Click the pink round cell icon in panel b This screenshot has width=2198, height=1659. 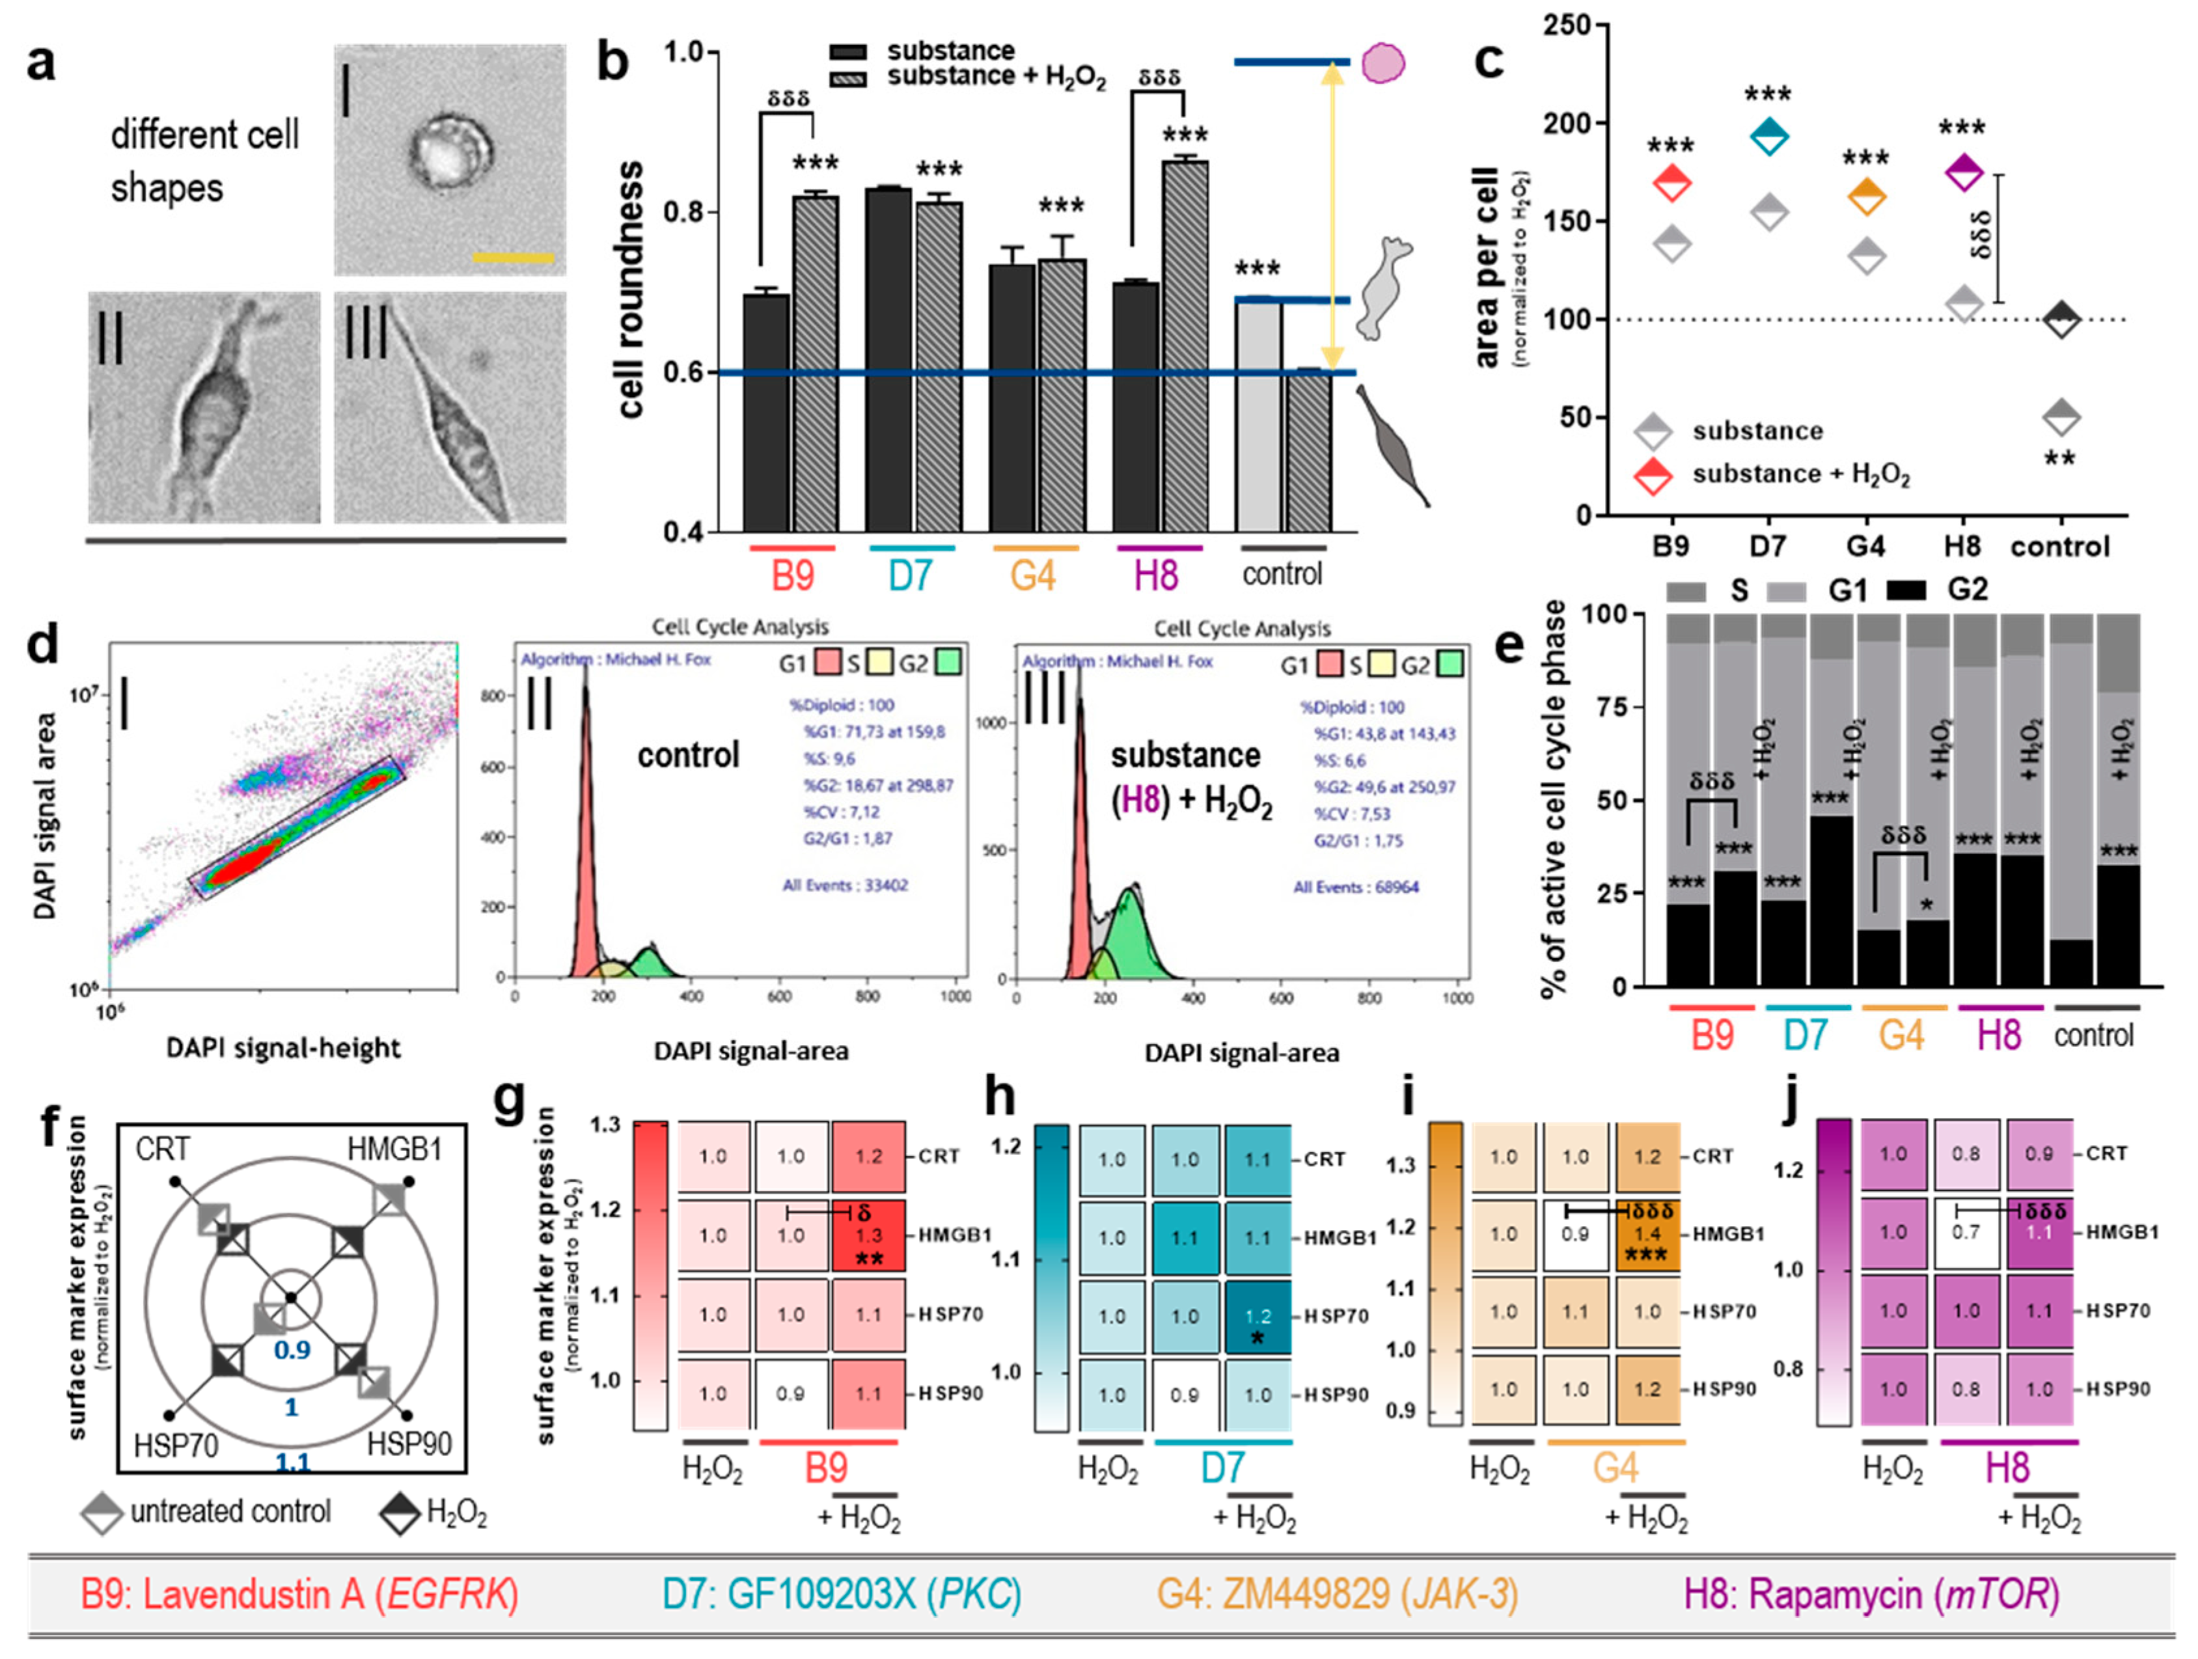click(x=1382, y=62)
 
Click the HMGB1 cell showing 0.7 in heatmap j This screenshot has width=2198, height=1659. click(x=1966, y=1233)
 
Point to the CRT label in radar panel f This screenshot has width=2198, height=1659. click(x=162, y=1149)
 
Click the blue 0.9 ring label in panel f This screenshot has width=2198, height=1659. click(x=292, y=1350)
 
